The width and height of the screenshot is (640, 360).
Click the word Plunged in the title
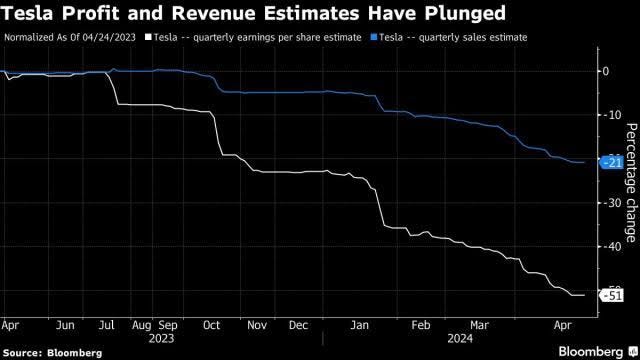point(465,14)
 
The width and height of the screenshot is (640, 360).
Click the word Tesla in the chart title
point(27,13)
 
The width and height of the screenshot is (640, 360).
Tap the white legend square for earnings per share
point(148,38)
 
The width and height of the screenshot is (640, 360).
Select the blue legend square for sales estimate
point(373,38)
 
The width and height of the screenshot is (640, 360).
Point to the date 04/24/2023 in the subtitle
point(109,38)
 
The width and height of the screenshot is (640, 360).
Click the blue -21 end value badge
point(611,163)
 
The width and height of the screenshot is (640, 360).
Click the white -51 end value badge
point(611,296)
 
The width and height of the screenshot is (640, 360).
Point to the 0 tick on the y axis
point(606,71)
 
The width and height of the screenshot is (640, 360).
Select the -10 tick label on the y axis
point(612,115)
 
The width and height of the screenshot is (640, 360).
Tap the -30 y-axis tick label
point(612,203)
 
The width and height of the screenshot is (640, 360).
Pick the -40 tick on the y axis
point(612,247)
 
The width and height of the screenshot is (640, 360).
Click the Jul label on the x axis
point(107,325)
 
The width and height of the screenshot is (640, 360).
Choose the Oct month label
point(211,325)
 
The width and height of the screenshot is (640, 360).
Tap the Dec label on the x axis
point(298,325)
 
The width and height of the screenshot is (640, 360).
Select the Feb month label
point(421,325)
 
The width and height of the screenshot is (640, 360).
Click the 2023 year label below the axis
point(161,339)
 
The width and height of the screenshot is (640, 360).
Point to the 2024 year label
point(460,339)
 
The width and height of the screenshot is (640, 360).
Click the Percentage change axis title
point(631,183)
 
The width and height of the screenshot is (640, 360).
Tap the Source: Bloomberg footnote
point(52,353)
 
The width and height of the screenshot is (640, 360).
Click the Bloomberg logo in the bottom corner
point(598,351)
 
